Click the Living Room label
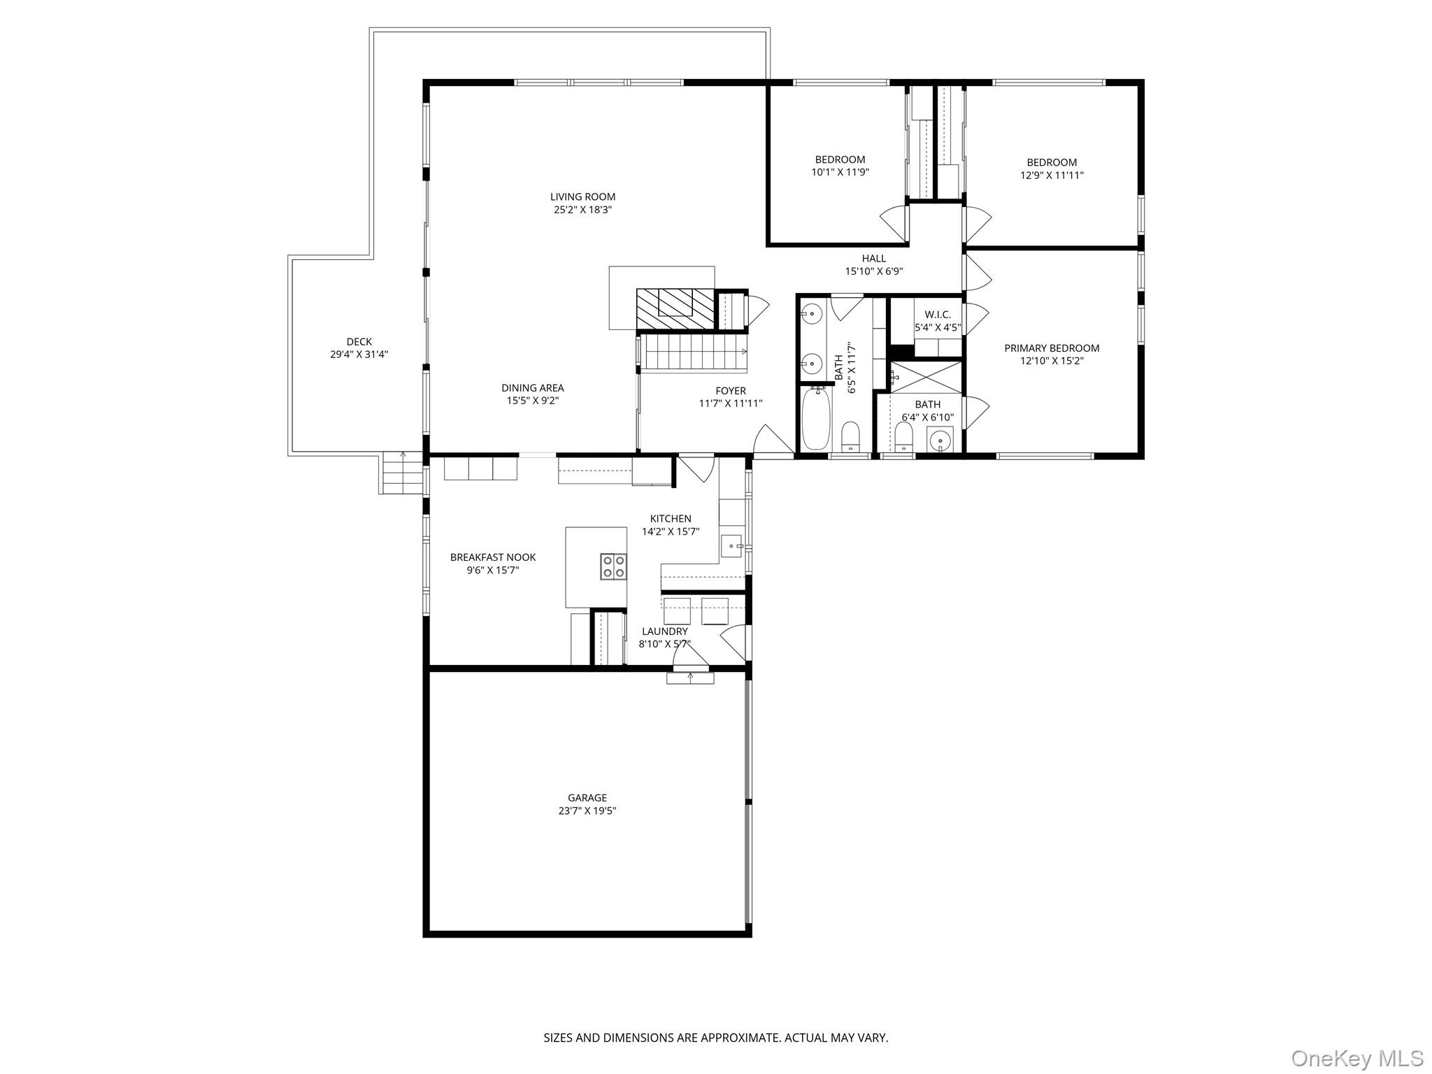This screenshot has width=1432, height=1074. tap(582, 197)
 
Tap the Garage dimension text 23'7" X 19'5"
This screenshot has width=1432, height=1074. tap(582, 811)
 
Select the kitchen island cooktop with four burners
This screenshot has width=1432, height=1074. tap(613, 566)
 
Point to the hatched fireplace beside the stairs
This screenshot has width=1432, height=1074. tap(675, 309)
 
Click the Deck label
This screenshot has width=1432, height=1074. tap(359, 342)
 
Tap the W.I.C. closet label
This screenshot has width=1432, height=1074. tap(938, 315)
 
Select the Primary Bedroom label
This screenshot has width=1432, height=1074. tap(1052, 348)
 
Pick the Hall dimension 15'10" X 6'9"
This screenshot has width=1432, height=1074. tap(874, 271)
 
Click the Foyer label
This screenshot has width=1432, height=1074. tap(731, 391)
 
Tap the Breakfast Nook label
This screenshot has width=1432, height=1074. tap(493, 557)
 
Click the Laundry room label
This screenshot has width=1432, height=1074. tap(664, 631)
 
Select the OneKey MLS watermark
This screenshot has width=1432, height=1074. tap(1356, 1058)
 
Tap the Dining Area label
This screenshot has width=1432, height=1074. tap(532, 388)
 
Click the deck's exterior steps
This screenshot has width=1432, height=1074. tap(402, 473)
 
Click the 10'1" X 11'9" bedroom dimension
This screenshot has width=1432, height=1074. tap(840, 172)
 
